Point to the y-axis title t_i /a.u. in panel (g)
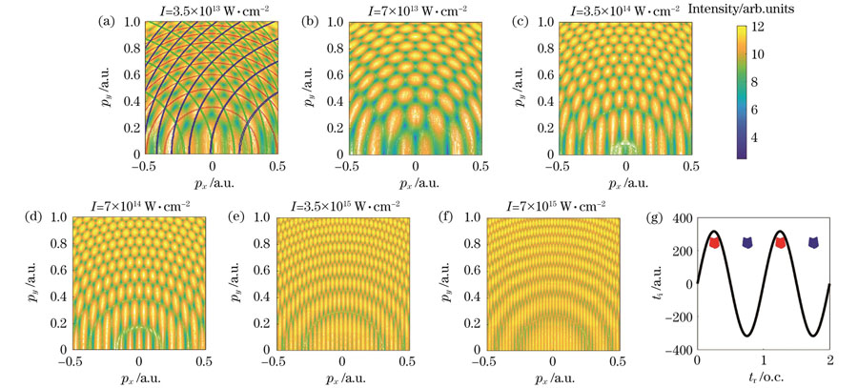pyautogui.click(x=658, y=284)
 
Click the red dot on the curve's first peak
pyautogui.click(x=715, y=242)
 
